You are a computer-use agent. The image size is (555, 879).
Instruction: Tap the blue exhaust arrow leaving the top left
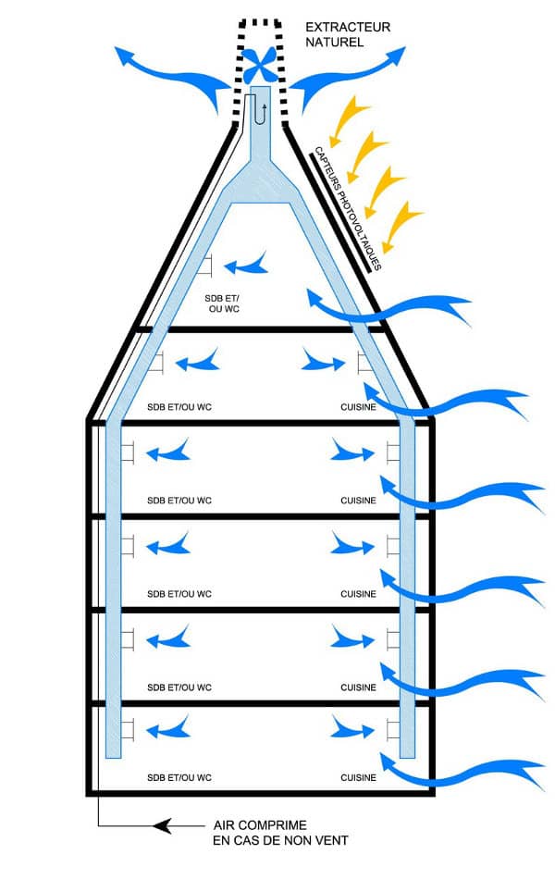click(x=166, y=69)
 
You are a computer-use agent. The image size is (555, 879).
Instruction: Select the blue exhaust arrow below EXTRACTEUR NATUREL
click(x=351, y=69)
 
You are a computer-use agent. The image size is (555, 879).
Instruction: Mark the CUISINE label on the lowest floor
click(x=358, y=778)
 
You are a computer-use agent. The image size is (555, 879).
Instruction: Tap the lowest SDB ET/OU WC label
click(x=179, y=778)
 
